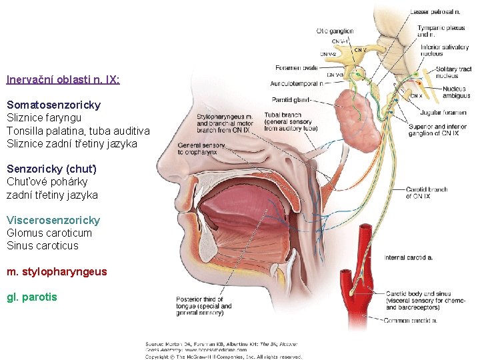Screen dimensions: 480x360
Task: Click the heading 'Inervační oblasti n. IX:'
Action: click(x=63, y=79)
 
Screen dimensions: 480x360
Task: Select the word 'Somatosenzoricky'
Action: click(x=53, y=105)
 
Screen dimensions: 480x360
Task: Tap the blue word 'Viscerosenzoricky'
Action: click(x=53, y=221)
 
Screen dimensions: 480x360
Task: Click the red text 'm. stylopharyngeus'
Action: click(x=57, y=272)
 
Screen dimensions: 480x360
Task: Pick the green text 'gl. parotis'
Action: click(x=32, y=297)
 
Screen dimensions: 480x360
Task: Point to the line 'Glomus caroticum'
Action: click(x=49, y=233)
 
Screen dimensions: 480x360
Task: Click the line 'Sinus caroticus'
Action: click(x=43, y=246)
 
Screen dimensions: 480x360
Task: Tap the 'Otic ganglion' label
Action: click(x=335, y=31)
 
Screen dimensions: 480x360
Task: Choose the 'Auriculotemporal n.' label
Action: click(x=297, y=84)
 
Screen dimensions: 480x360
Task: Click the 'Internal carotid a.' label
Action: click(x=409, y=257)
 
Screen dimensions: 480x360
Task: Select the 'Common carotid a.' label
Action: click(x=410, y=321)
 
